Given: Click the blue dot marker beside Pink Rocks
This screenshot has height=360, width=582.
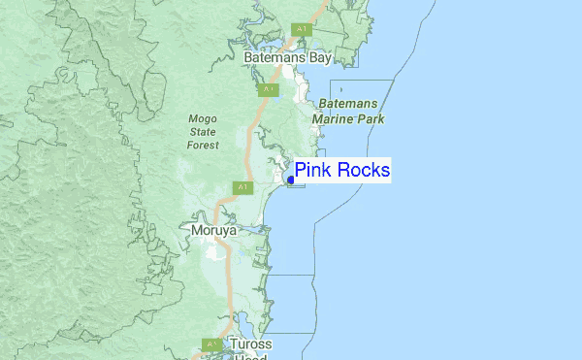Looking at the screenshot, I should point(291,180).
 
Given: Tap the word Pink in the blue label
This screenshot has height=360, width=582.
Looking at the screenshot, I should point(313,171).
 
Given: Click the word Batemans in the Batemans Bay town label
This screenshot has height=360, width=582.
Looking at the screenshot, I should point(275,58).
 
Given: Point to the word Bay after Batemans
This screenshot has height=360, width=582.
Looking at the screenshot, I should point(321,58).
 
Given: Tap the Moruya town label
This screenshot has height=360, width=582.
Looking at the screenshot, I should point(213,231).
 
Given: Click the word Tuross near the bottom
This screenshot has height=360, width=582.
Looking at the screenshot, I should point(251,344).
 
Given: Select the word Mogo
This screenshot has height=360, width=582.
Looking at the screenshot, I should point(203,119).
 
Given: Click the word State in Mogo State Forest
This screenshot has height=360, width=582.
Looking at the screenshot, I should point(203,132).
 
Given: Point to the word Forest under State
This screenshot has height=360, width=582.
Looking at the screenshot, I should point(203,145).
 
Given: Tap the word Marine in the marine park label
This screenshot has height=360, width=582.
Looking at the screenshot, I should point(334,119).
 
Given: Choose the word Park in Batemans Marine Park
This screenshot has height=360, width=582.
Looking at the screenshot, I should point(371,119).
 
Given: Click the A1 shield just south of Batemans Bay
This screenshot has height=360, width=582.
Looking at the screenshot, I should point(269,89).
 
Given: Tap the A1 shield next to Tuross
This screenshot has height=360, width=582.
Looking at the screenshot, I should point(211,344).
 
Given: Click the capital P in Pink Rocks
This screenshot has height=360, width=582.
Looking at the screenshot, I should point(301,171).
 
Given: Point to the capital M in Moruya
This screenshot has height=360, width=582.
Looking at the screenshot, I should point(195,231).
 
